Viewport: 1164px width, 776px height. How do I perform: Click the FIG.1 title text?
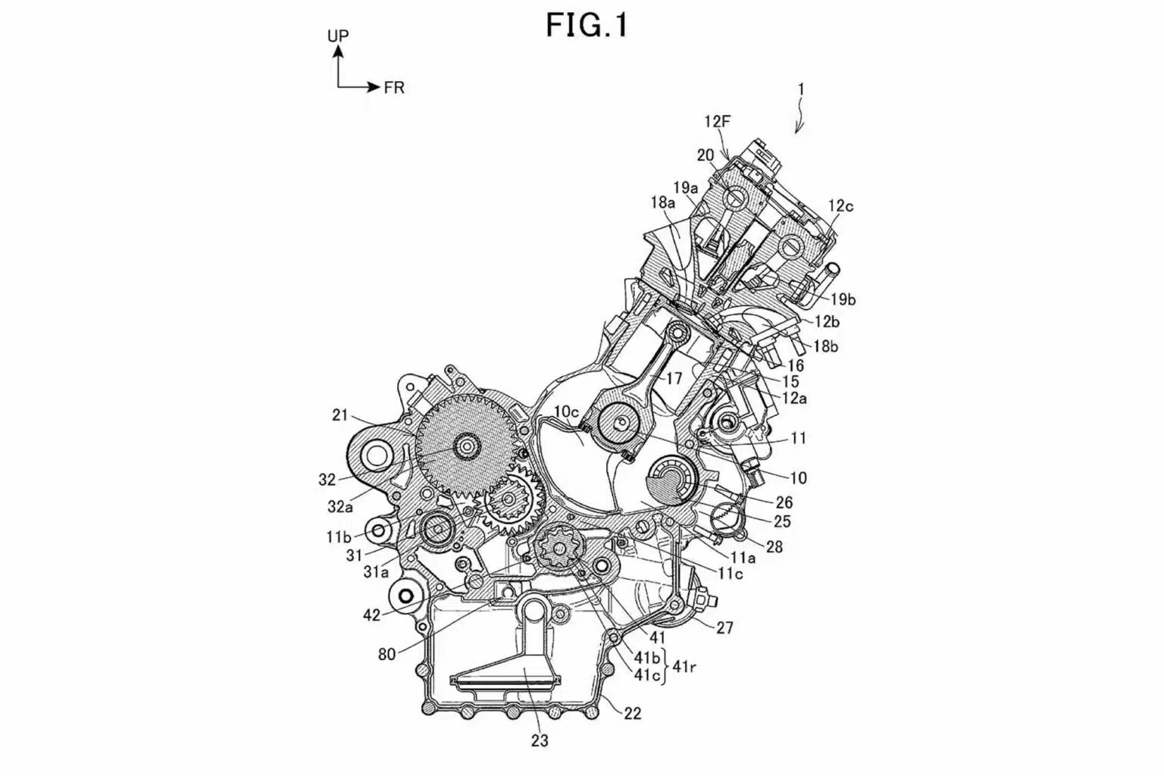[x=587, y=26]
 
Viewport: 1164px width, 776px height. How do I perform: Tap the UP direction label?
[x=338, y=36]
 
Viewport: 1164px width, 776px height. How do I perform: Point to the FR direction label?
[x=394, y=88]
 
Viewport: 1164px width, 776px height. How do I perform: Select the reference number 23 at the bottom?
[x=540, y=740]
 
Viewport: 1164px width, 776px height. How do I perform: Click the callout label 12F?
[x=718, y=121]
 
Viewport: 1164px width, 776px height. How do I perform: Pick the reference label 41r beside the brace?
[x=684, y=667]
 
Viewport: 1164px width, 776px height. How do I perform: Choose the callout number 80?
[x=387, y=655]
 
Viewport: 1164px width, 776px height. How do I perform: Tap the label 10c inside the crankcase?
[x=566, y=411]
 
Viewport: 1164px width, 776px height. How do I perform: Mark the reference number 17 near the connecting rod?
[x=674, y=378]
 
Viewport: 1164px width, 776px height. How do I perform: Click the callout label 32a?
[x=340, y=506]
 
